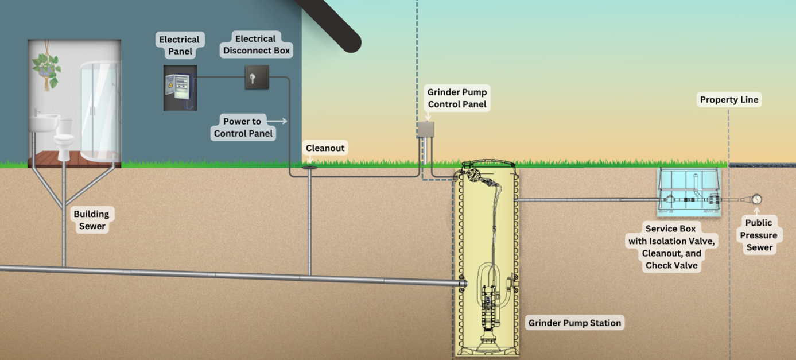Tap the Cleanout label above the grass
pyautogui.click(x=325, y=148)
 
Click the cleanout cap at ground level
pyautogui.click(x=310, y=167)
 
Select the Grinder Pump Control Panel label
pyautogui.click(x=457, y=98)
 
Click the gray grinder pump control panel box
pyautogui.click(x=425, y=130)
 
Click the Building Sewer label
pyautogui.click(x=91, y=220)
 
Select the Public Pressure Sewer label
pyautogui.click(x=758, y=235)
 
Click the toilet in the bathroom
pyautogui.click(x=63, y=140)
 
